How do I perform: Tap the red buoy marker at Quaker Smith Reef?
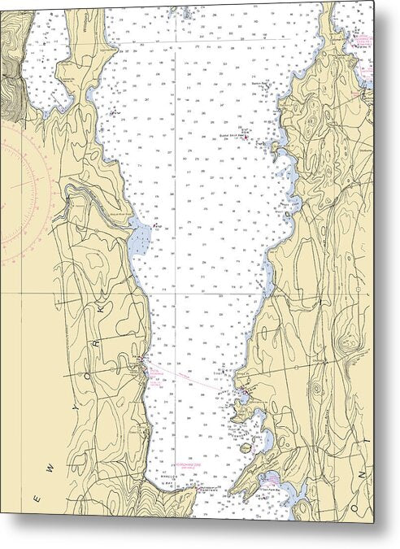[246, 139]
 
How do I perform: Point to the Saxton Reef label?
[259, 83]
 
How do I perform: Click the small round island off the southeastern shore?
[267, 445]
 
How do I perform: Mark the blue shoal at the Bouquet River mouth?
[140, 237]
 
